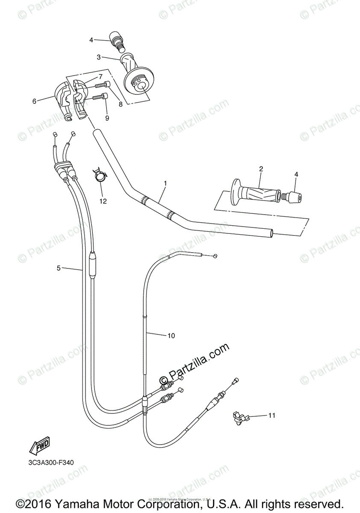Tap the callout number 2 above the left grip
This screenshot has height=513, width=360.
pyautogui.click(x=260, y=169)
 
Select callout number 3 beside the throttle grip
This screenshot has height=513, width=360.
pyautogui.click(x=98, y=57)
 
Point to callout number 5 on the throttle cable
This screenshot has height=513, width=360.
pyautogui.click(x=59, y=268)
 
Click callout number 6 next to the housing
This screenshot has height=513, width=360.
pyautogui.click(x=34, y=101)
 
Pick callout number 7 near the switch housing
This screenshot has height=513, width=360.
pyautogui.click(x=100, y=77)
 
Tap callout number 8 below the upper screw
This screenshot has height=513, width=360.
pyautogui.click(x=121, y=104)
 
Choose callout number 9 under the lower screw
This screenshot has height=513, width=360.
pyautogui.click(x=107, y=118)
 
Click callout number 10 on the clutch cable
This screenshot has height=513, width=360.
pyautogui.click(x=171, y=336)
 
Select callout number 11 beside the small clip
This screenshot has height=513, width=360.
pyautogui.click(x=272, y=415)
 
